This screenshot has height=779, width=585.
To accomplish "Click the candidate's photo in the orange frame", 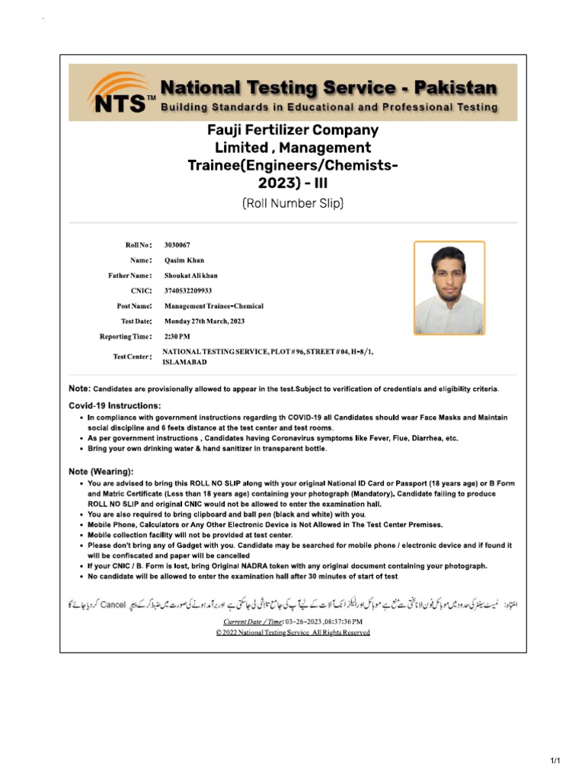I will pos(449,288).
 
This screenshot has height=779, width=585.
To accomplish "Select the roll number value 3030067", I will pos(177,245).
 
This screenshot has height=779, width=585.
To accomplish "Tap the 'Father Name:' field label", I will pos(129,275).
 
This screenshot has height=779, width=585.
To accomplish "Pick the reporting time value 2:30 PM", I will pos(177,336).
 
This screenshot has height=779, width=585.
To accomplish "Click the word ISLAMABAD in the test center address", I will pos(184,362).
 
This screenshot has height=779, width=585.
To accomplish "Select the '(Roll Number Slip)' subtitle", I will pos(293,203).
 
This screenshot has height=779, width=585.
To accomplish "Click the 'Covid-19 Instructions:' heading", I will pos(114,405).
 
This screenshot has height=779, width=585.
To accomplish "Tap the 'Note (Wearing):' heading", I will pos(101,472).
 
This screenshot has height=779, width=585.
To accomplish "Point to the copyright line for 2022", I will pos(292,633).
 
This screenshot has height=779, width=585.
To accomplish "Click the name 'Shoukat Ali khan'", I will pos(191,275).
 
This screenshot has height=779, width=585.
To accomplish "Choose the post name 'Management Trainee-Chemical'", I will pos(214,306).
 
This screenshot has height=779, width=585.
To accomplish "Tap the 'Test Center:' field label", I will pos(132,357).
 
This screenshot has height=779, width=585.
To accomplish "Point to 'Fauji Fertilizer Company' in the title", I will pos(293,130).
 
